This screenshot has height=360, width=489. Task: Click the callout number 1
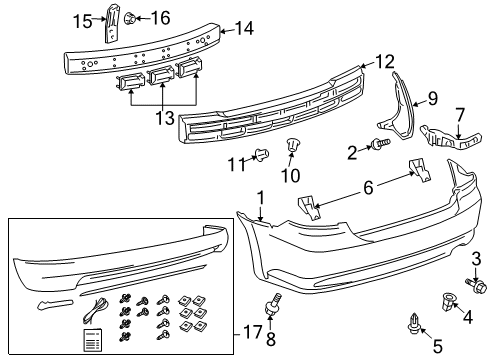click(x=260, y=198)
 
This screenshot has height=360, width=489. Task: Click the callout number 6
click(x=367, y=186)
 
